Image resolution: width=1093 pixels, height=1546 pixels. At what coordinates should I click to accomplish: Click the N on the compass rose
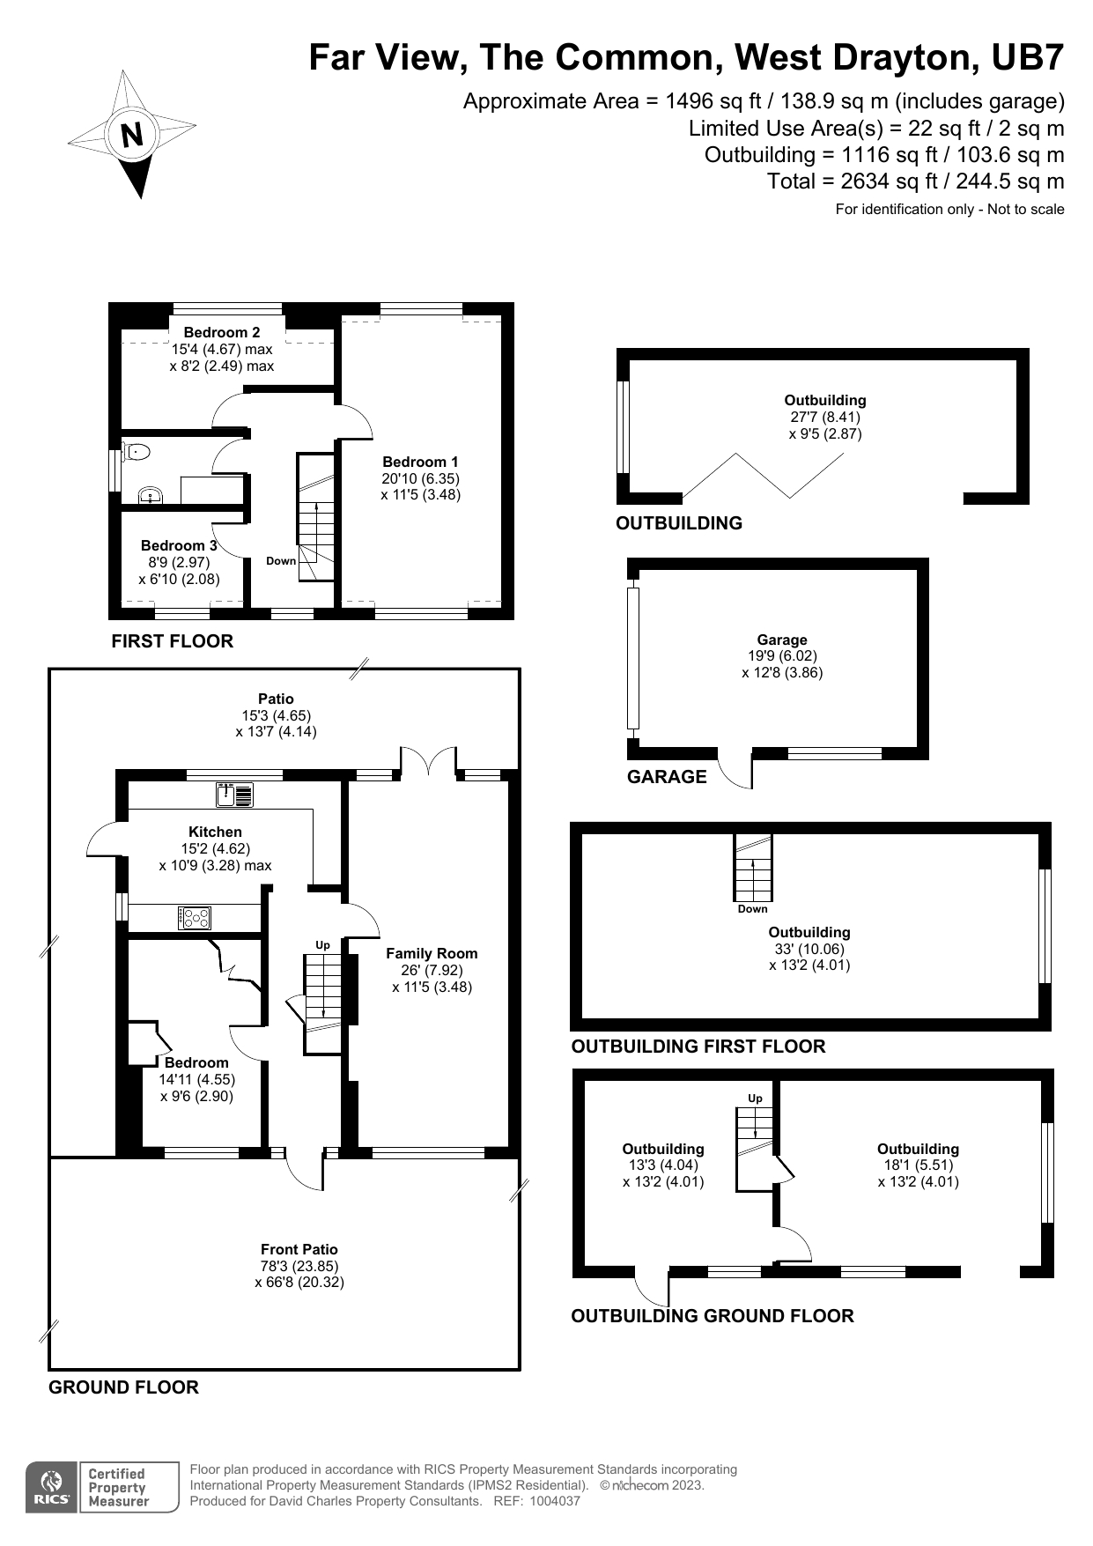coord(132,135)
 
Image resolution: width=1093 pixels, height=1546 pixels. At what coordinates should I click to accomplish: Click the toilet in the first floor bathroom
coord(137,453)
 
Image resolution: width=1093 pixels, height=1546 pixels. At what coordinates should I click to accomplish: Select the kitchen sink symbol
coord(235,795)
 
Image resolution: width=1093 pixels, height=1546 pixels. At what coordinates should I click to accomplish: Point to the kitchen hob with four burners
coord(195,918)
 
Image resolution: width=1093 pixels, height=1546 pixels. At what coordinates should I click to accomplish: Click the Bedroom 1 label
coord(420,462)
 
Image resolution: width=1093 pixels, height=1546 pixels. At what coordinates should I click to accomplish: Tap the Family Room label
coord(432,953)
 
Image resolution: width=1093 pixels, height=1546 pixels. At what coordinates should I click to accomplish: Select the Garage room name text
coord(782,640)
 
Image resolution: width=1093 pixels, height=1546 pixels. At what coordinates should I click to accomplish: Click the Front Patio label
coord(299,1249)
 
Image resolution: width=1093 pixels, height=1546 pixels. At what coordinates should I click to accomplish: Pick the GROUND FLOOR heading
coord(123,1387)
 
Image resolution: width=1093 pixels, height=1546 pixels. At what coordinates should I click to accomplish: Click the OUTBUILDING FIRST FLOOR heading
coord(698,1047)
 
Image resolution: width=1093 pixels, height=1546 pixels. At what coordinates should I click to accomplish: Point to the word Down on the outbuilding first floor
coord(753,909)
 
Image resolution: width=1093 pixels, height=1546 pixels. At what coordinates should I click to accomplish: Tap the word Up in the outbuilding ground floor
coord(755,1098)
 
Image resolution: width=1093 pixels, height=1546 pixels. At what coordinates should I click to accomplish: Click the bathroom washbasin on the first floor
coord(151,496)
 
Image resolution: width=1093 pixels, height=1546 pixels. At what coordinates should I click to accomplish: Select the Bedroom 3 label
coord(179,546)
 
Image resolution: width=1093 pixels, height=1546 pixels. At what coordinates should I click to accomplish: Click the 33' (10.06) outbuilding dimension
coord(809,949)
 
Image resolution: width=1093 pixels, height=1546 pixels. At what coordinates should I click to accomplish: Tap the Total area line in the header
coord(916,182)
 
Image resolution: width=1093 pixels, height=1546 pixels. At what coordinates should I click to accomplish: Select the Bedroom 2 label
coord(222,332)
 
